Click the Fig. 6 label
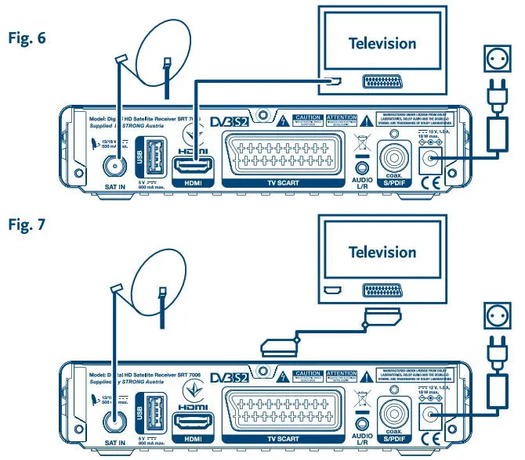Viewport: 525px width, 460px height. tap(28, 37)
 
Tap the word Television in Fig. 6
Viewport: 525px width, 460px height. tap(383, 42)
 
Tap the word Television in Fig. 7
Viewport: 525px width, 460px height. tap(383, 253)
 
